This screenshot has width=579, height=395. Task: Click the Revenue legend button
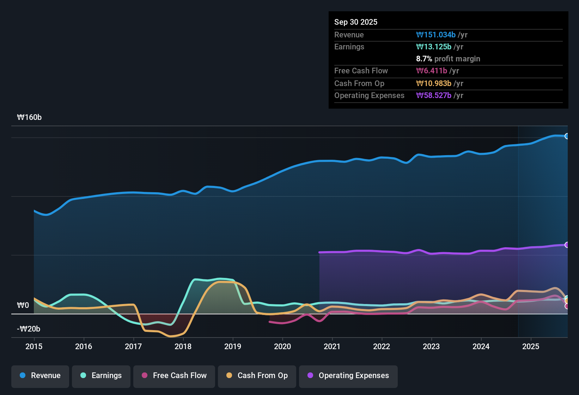tap(40, 376)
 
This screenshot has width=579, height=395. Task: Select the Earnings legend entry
tap(101, 376)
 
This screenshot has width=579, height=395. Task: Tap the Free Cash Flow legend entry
tap(174, 376)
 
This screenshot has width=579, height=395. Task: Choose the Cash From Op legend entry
tap(257, 376)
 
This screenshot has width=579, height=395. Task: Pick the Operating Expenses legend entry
tap(348, 376)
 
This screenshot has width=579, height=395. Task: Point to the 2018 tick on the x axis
tap(183, 346)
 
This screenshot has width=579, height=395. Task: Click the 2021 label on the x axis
tap(332, 346)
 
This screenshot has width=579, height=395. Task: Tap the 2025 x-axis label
tap(531, 346)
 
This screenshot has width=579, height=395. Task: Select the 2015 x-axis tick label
tap(34, 346)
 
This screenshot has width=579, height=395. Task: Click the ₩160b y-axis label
tap(29, 117)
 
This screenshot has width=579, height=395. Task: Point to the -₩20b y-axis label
tap(29, 329)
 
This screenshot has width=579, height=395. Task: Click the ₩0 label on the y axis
tap(23, 305)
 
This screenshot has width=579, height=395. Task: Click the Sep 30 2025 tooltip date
tap(356, 22)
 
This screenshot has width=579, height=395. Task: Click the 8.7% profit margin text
tap(448, 59)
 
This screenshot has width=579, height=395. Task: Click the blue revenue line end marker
tap(567, 136)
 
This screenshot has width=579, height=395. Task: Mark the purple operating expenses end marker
tap(567, 245)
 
